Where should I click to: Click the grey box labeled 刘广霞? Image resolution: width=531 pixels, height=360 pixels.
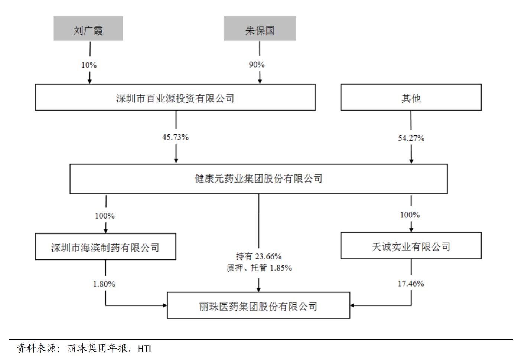pos(88,29)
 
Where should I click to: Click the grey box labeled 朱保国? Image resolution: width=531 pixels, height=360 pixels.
pos(260,29)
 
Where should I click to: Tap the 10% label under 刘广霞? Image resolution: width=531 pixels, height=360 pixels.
pos(89,65)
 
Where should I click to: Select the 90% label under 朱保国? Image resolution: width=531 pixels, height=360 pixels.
pos(257,65)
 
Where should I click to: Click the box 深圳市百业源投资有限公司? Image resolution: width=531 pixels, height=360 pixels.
pos(175,97)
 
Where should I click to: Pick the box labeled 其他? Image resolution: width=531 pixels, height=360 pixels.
pos(411,97)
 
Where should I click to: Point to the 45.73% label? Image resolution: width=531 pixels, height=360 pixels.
pos(175,137)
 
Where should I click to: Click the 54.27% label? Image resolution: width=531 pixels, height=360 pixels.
pos(411,138)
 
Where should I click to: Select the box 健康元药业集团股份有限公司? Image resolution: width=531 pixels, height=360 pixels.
pos(258,179)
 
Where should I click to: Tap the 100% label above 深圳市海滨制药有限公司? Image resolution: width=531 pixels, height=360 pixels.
pos(105,216)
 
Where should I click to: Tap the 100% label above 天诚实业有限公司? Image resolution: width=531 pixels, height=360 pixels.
pos(410,215)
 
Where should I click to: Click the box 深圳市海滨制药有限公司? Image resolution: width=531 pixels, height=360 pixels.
pos(105,247)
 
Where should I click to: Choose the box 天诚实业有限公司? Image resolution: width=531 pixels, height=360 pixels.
pos(411,246)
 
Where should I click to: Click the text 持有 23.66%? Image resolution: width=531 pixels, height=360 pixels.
pos(259,256)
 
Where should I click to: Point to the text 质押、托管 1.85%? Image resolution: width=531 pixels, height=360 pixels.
pos(259,268)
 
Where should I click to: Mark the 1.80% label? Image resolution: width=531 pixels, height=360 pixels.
pos(104,284)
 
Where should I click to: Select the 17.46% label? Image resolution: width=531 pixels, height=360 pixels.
pos(411,284)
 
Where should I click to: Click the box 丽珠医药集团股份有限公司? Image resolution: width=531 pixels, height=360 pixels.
pos(258,306)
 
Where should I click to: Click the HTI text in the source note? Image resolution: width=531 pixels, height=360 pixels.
pos(144,349)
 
